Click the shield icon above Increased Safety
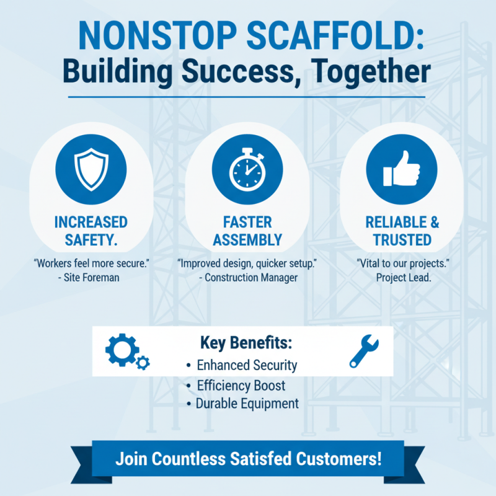91,170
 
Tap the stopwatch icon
247,170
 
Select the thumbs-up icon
402,169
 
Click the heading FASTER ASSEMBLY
247,231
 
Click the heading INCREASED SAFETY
91,231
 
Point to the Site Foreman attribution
91,278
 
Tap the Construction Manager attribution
249,278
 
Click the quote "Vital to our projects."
403,263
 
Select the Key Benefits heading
246,343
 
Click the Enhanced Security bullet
246,365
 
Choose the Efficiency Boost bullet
241,385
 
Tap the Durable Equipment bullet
247,404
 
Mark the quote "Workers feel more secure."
91,263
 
